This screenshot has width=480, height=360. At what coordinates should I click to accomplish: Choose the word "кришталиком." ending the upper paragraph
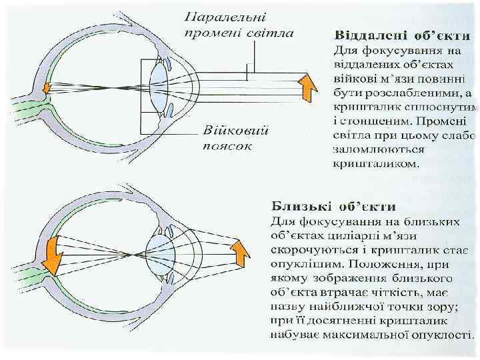377,163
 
